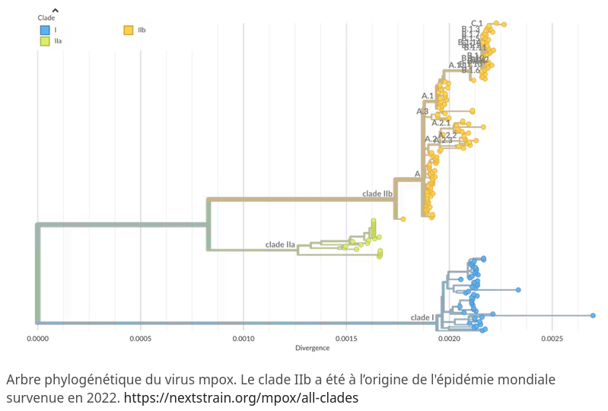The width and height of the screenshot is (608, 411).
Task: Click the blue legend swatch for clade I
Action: tap(45, 30)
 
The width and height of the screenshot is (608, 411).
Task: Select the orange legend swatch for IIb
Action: tap(129, 30)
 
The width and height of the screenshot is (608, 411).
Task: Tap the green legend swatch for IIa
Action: tap(45, 41)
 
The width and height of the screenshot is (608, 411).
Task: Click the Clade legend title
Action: tap(46, 18)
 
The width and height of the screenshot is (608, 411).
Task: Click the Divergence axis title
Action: tap(312, 348)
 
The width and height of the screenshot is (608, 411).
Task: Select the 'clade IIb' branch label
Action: tap(377, 193)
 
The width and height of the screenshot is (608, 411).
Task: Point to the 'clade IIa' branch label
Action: tap(280, 244)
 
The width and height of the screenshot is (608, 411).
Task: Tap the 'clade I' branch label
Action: tap(422, 317)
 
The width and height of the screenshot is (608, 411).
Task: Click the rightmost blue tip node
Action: tap(593, 315)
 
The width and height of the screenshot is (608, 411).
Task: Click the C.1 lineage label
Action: tap(477, 23)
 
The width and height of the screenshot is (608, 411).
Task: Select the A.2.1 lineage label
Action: tap(441, 123)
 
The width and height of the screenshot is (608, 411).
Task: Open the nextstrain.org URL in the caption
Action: tap(240, 397)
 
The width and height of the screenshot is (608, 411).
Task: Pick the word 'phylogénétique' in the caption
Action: tap(81, 379)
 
